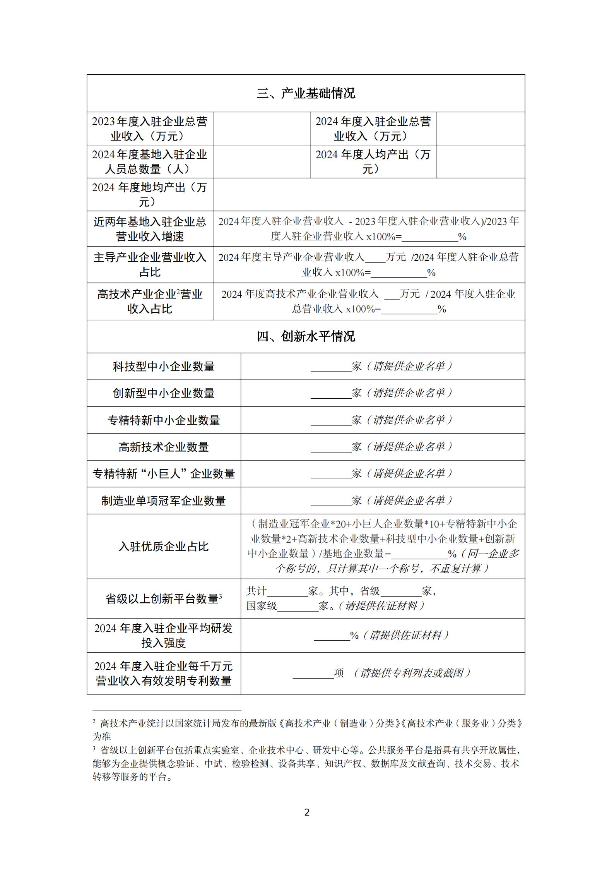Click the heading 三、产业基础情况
(x=306, y=94)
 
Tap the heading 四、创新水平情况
(x=306, y=336)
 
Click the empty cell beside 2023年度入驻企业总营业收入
(x=261, y=129)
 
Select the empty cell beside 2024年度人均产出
(x=481, y=162)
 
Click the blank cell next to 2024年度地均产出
(x=368, y=194)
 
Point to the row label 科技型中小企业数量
(x=164, y=367)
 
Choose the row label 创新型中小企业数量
(x=164, y=393)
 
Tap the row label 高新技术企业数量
(x=164, y=447)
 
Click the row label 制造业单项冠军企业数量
(x=164, y=501)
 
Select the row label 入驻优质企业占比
(x=164, y=547)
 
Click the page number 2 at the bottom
(x=307, y=812)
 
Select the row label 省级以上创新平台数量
(x=164, y=599)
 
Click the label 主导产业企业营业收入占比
(x=150, y=265)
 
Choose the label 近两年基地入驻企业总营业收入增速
(x=150, y=229)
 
